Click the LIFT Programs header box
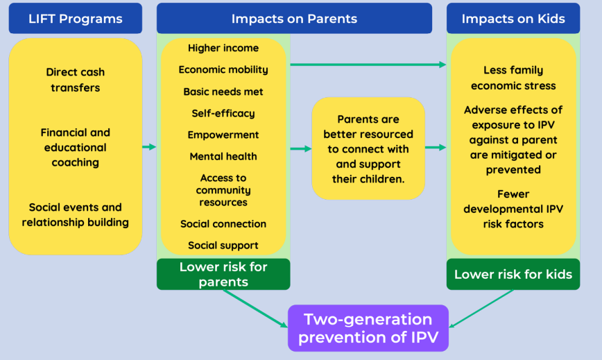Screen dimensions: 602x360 pyautogui.click(x=75, y=19)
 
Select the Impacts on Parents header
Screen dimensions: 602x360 pyautogui.click(x=294, y=19)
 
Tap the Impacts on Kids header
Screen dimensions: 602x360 pyautogui.click(x=513, y=19)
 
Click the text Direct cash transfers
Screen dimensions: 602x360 pyautogui.click(x=75, y=80)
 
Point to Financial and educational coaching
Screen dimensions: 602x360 pyautogui.click(x=75, y=147)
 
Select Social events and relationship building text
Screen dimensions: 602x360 pyautogui.click(x=75, y=215)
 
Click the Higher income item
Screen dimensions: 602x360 pyautogui.click(x=223, y=48)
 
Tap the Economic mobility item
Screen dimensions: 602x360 pyautogui.click(x=223, y=70)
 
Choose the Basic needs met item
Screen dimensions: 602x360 pyautogui.click(x=223, y=92)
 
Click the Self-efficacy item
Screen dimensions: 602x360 pyautogui.click(x=223, y=113)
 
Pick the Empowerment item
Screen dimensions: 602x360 pyautogui.click(x=223, y=135)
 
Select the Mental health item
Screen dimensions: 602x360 pyautogui.click(x=223, y=157)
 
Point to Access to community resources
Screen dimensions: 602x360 pyautogui.click(x=223, y=190)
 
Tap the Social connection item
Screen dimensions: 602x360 pyautogui.click(x=223, y=224)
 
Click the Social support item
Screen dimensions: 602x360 pyautogui.click(x=223, y=246)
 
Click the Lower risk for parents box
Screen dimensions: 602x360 pyautogui.click(x=223, y=274)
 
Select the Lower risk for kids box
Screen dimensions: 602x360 pyautogui.click(x=513, y=274)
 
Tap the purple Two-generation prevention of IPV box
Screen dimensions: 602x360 pyautogui.click(x=368, y=328)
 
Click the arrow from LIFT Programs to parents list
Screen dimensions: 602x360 pyautogui.click(x=149, y=147)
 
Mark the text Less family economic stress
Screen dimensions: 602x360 pyautogui.click(x=513, y=78)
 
